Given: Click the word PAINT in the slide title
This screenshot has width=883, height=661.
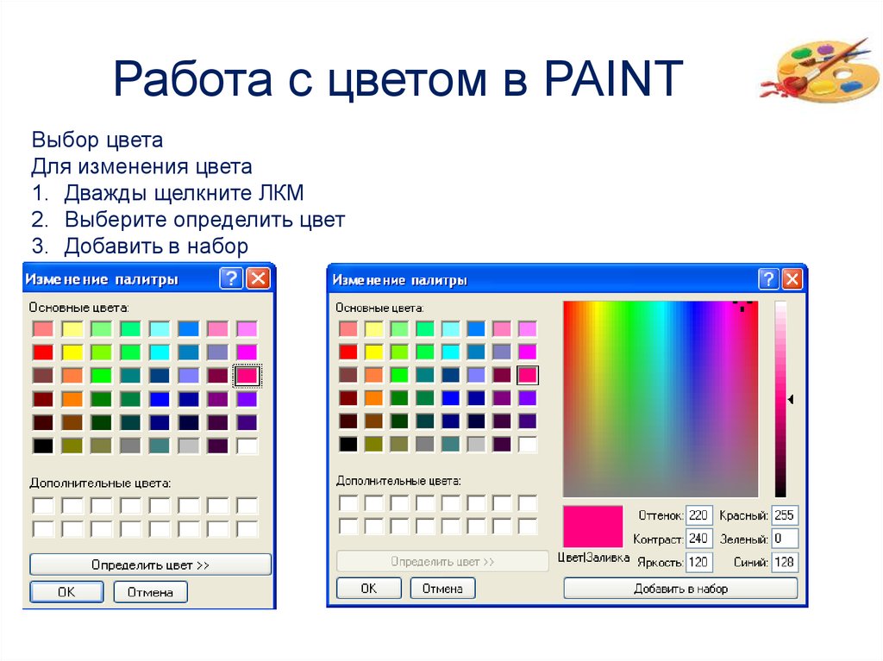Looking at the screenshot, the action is (613, 78).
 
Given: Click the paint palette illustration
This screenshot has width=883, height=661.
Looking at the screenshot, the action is (820, 70).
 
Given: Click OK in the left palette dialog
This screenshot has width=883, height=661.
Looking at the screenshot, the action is (66, 592).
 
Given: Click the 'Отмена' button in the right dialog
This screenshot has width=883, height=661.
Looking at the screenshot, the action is (442, 589).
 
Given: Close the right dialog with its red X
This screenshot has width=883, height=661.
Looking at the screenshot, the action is (792, 278).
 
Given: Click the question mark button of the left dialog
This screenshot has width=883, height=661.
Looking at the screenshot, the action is (231, 278).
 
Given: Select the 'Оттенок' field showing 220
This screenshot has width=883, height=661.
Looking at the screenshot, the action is (698, 515).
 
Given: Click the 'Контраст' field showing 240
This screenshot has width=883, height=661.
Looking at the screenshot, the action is (698, 539).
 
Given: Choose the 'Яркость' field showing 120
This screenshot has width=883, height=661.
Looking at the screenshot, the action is (698, 562).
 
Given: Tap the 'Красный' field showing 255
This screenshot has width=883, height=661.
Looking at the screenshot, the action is (785, 515).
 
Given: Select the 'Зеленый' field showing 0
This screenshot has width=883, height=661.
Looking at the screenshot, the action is (785, 539).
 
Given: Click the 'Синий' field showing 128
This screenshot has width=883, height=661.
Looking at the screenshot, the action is (785, 562).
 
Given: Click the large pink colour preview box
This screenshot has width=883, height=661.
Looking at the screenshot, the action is (593, 527).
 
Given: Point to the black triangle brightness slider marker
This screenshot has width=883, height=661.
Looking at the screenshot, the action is (791, 399).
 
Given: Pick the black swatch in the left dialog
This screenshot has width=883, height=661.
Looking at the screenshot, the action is (43, 446).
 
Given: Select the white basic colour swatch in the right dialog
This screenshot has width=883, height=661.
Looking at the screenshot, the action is (528, 444).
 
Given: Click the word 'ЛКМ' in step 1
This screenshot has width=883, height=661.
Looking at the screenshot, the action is (281, 193).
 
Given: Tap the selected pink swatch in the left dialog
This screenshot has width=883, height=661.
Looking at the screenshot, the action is (247, 376).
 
